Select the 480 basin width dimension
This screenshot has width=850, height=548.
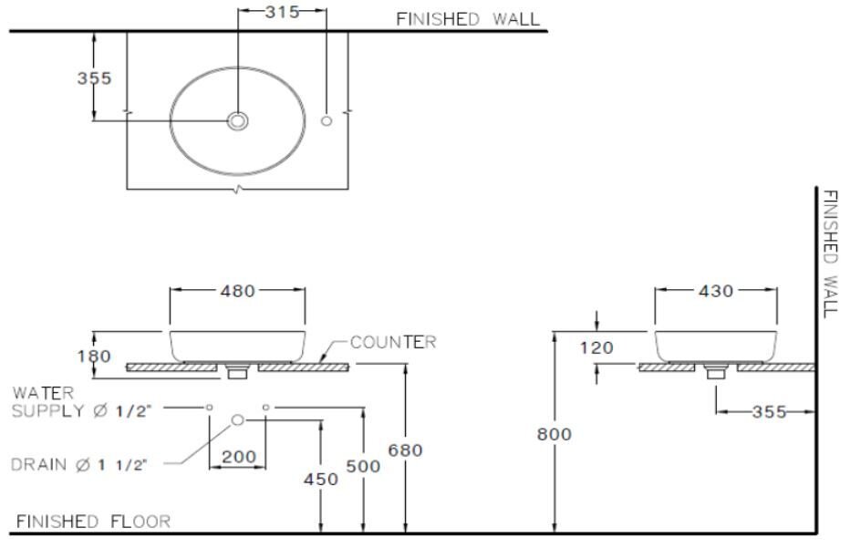(237, 291)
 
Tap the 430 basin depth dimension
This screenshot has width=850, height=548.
(716, 291)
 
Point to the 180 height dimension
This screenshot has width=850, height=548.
(95, 356)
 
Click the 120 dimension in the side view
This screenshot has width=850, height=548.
(596, 347)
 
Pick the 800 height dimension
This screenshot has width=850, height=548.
(554, 435)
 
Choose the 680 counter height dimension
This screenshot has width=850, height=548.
(405, 450)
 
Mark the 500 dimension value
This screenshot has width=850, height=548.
(364, 467)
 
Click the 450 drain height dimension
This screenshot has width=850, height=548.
(320, 479)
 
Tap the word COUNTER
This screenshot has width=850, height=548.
(393, 343)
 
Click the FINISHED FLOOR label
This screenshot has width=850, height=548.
(93, 522)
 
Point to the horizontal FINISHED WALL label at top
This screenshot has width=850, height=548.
(467, 18)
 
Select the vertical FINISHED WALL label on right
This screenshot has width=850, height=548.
(830, 253)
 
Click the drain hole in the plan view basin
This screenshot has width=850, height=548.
(238, 121)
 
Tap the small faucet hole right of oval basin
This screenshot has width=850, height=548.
(327, 121)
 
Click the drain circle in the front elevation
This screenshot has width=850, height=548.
(238, 419)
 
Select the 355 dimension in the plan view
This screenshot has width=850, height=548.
(94, 78)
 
